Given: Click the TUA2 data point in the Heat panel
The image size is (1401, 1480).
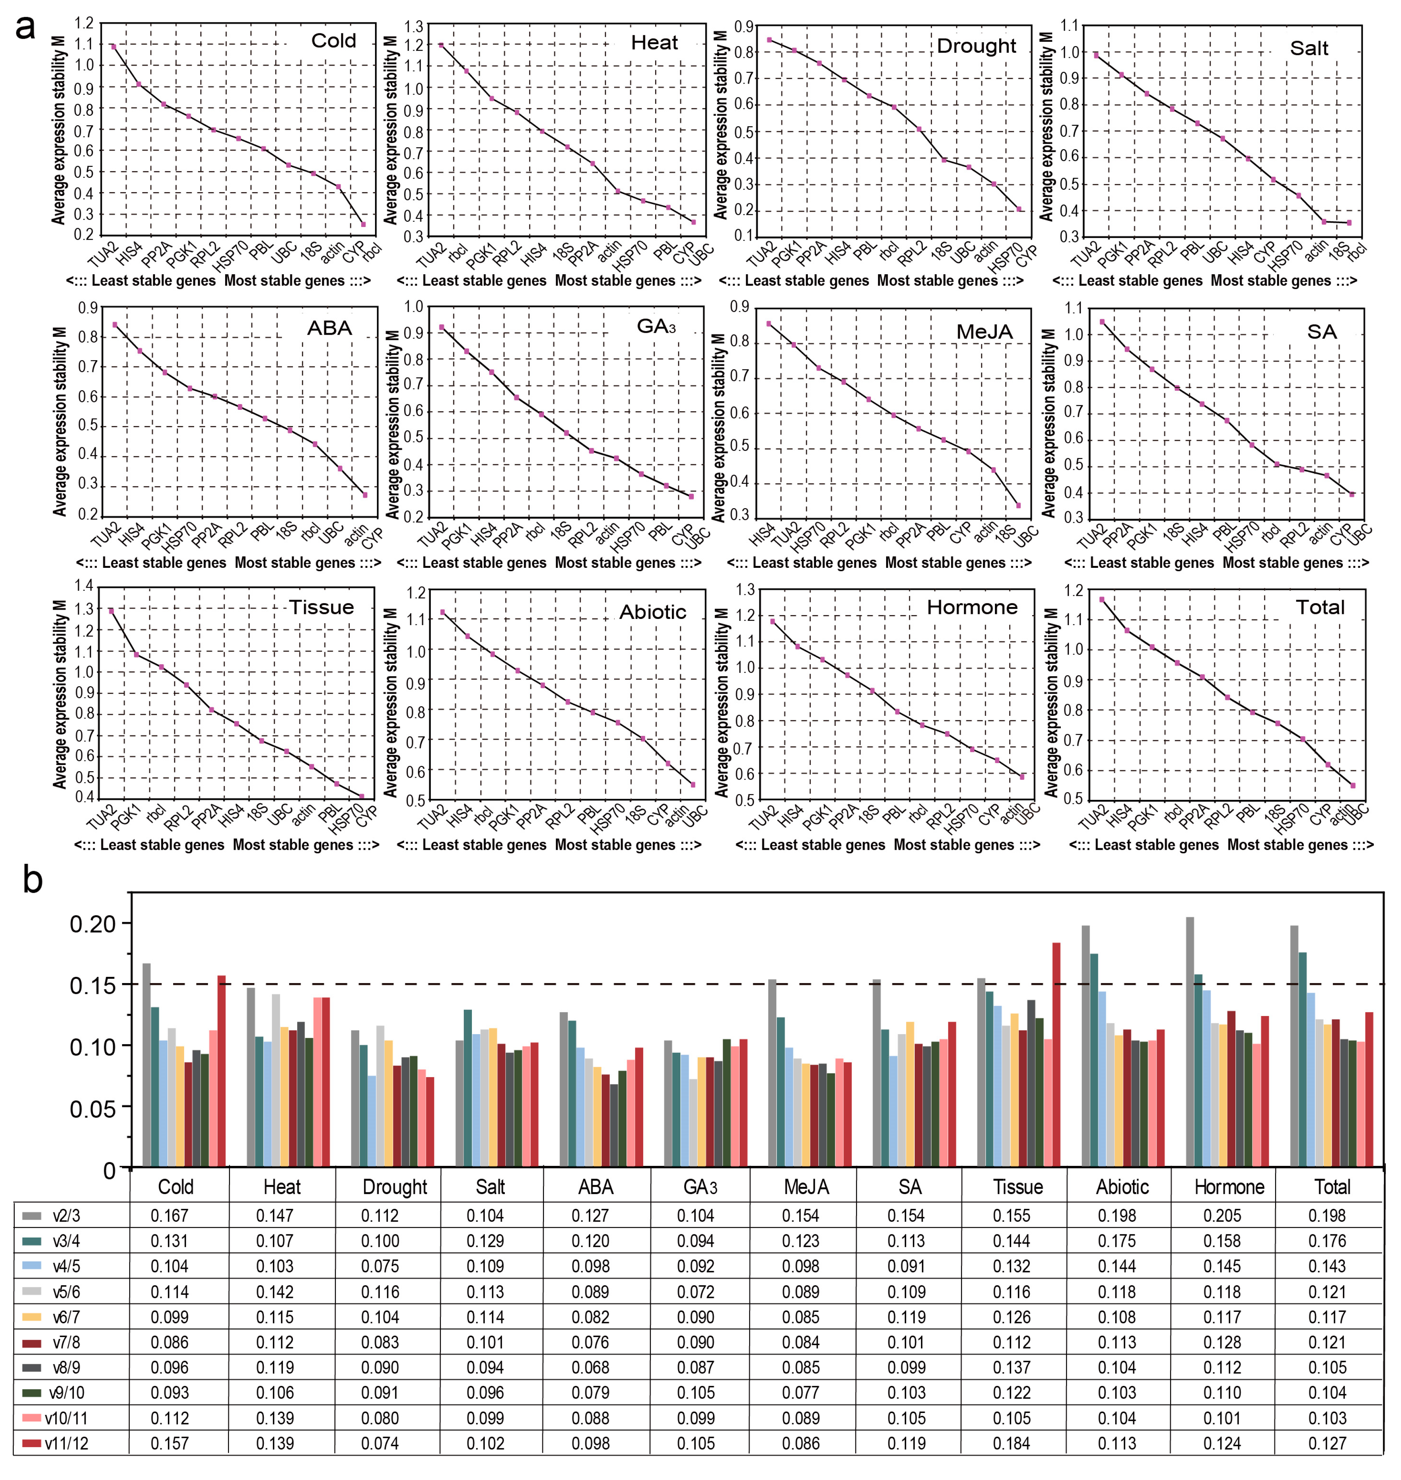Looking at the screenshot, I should pos(441,46).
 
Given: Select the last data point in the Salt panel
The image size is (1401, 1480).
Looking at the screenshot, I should pos(1349,222).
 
